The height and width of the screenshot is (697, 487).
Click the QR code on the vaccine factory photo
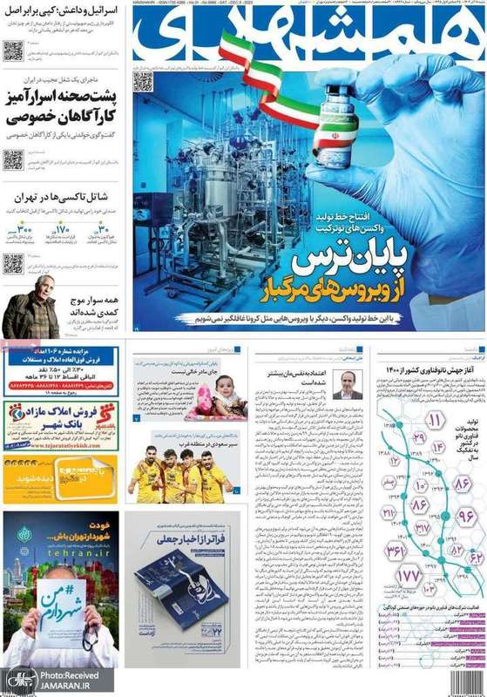point(143,81)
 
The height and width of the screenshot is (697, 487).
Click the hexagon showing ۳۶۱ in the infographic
point(396,550)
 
